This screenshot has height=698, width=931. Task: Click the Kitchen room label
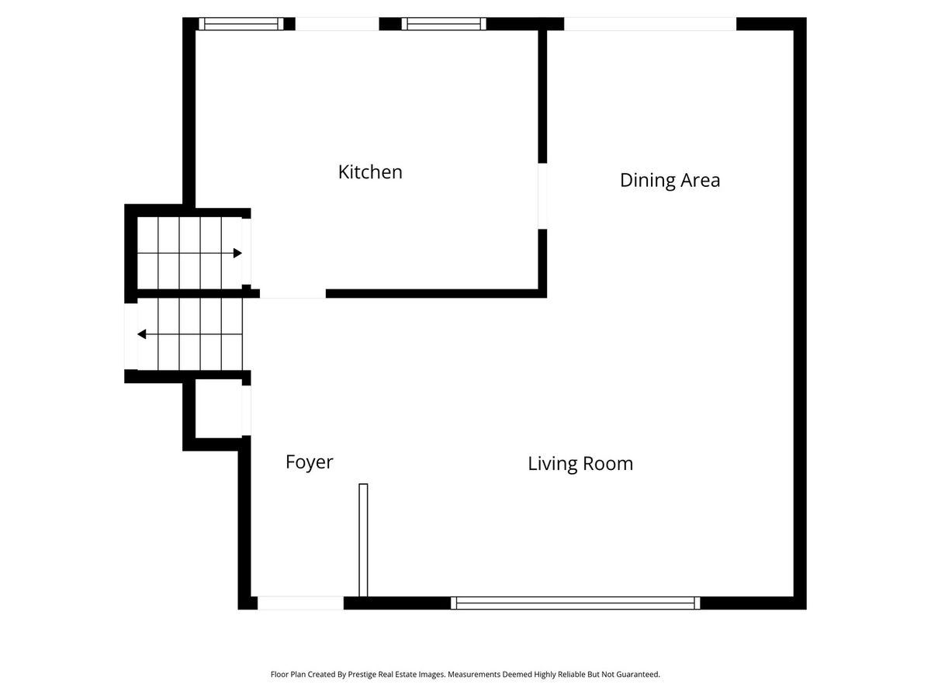[370, 172]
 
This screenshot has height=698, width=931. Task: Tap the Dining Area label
[670, 181]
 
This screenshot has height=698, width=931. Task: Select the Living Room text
[580, 464]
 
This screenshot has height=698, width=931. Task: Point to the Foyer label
[310, 463]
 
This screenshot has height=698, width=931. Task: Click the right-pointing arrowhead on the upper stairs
[237, 253]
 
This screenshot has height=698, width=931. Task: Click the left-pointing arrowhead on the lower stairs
[142, 334]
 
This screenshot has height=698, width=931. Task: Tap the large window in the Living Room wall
[575, 603]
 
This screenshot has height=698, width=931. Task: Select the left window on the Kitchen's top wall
[241, 24]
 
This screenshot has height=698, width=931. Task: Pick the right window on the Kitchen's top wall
[444, 24]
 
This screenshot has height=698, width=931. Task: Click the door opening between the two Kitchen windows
[337, 24]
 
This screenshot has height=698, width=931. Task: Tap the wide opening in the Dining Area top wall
[650, 24]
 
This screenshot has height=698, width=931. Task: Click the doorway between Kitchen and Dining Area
[542, 195]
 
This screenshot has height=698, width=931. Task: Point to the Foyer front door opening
[300, 603]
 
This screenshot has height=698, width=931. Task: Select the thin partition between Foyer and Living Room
[363, 540]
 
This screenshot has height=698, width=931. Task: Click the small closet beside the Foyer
[219, 409]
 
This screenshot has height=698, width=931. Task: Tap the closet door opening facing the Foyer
[246, 410]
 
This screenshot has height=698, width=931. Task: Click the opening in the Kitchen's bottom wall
[292, 293]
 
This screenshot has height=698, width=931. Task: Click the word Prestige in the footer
[362, 674]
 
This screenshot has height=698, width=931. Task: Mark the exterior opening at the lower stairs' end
[130, 337]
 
